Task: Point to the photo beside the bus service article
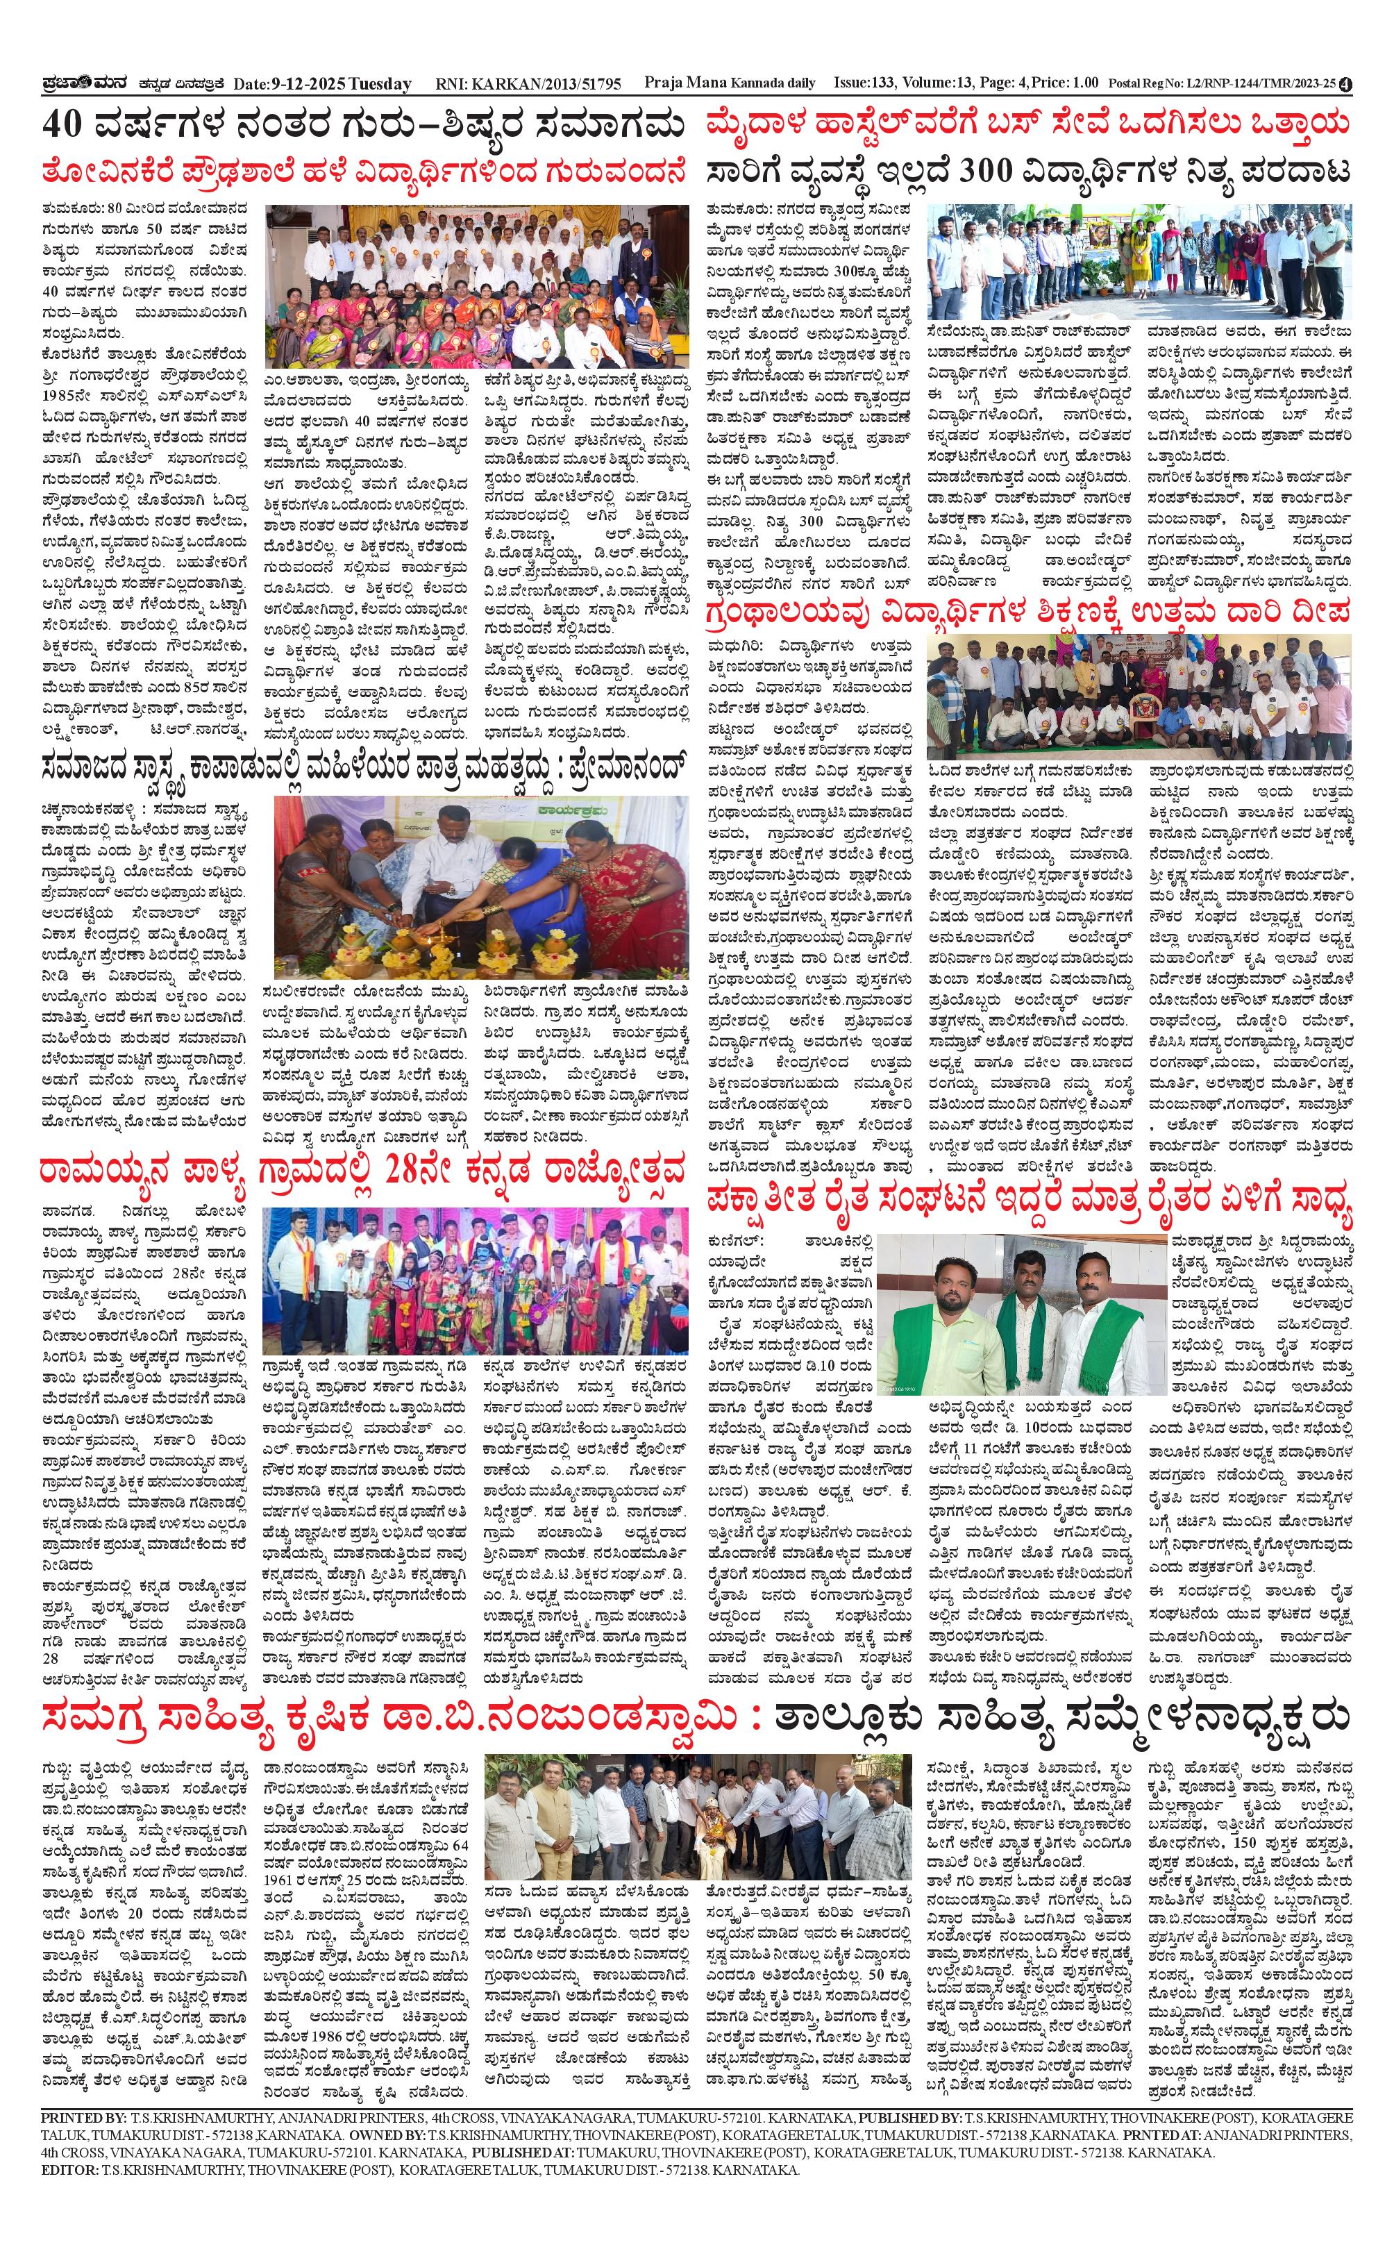coord(1139,262)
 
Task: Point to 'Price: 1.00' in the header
coord(1065,83)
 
